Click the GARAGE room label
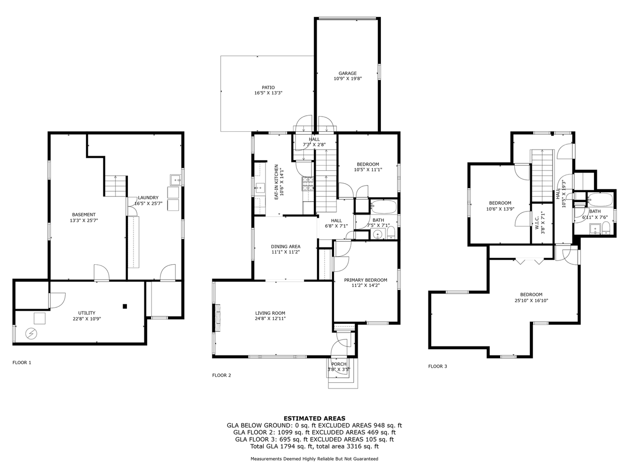347,73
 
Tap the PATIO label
268,87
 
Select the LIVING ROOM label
270,313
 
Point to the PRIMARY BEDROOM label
365,280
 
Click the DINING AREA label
285,246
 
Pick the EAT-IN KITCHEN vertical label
276,182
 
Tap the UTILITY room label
86,313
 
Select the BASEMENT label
84,214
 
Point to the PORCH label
339,364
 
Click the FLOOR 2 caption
221,375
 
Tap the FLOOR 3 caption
437,366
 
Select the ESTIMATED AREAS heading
314,418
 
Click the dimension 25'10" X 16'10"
531,300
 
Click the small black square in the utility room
125,306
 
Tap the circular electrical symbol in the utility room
31,334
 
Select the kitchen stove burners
308,184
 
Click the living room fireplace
218,318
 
